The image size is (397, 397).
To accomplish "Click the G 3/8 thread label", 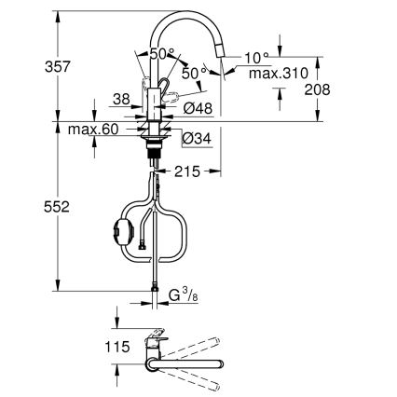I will click(x=183, y=297).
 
